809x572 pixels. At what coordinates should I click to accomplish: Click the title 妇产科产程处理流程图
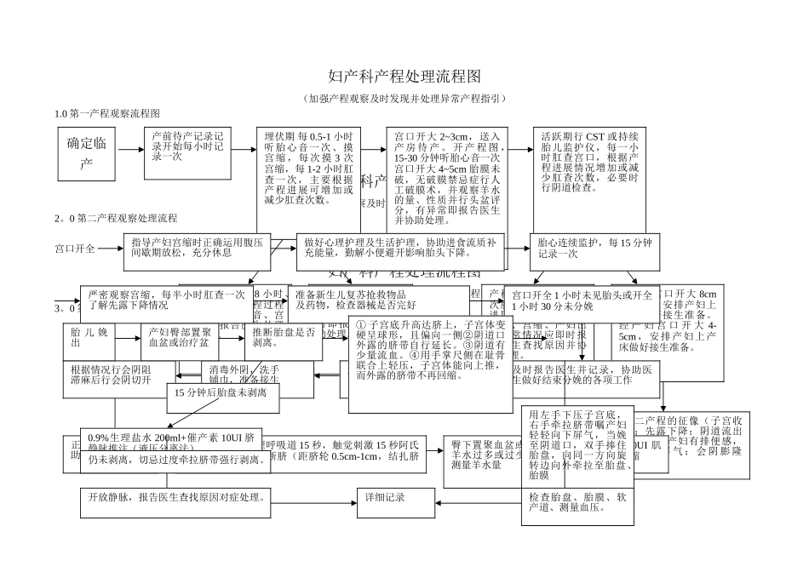tap(404, 78)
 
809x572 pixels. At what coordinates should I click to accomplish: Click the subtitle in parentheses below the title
tap(404, 99)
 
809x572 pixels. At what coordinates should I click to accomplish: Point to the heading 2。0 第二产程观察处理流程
tap(116, 219)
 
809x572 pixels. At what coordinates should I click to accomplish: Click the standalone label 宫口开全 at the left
tap(76, 249)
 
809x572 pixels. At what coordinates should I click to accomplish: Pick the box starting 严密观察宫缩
tap(166, 299)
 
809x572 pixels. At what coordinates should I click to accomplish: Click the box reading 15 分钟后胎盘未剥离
tap(221, 392)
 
